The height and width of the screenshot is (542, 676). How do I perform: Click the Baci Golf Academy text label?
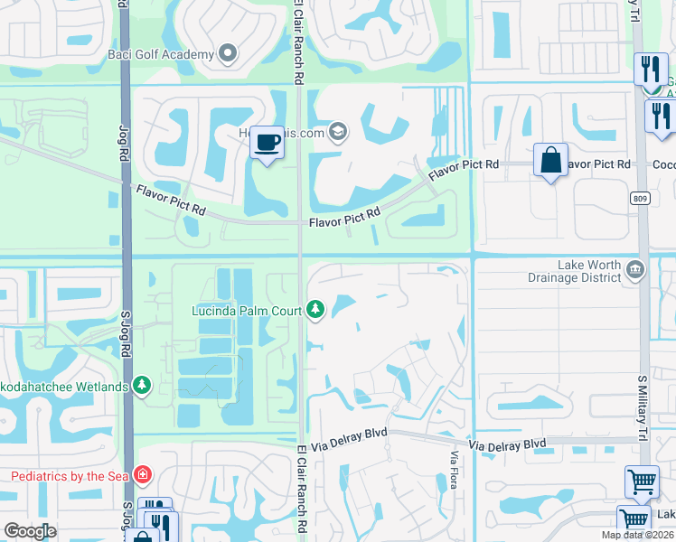coord(162,54)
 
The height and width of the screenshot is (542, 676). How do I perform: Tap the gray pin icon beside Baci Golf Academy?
coord(228,54)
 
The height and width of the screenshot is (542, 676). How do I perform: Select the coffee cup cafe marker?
coord(267,143)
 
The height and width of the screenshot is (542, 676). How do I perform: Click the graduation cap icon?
coord(338,133)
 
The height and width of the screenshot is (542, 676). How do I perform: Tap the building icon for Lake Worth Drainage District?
coord(634,268)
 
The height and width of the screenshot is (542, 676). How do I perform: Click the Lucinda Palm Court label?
coord(246,311)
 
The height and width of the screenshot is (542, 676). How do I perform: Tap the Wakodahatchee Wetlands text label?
coord(64,387)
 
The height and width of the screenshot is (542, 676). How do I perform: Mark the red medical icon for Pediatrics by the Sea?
coord(142,475)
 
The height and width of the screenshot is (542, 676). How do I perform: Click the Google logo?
coord(30,531)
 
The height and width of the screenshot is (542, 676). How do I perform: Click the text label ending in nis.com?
coord(292,133)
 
